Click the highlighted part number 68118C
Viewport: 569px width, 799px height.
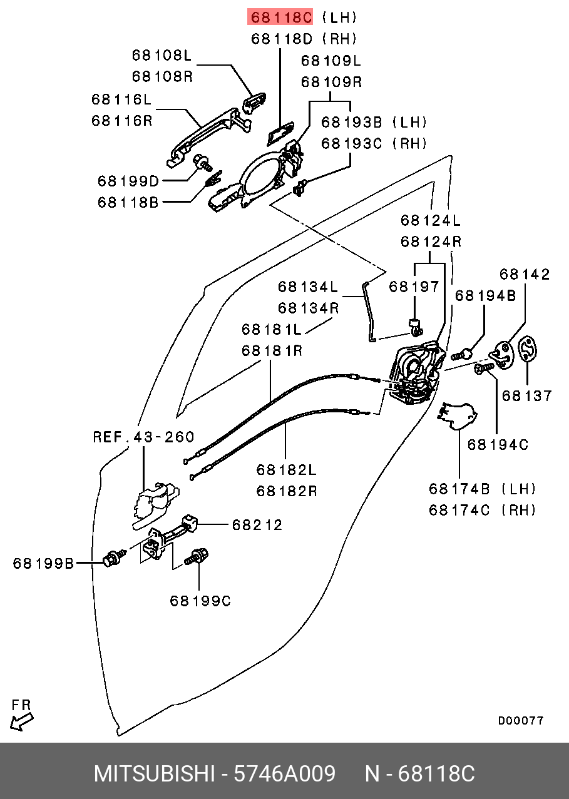click(x=281, y=17)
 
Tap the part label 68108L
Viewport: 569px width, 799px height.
click(x=161, y=55)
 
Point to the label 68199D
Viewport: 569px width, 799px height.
click(x=128, y=181)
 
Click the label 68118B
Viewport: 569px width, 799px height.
click(x=128, y=203)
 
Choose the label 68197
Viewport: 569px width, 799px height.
click(x=414, y=287)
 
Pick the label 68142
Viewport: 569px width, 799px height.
click(x=525, y=274)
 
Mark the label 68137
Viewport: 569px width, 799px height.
click(x=527, y=396)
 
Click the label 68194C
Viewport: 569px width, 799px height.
click(x=498, y=445)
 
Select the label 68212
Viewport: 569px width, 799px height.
click(x=257, y=525)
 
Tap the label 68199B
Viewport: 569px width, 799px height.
click(x=43, y=564)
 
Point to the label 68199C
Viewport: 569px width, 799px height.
click(x=200, y=601)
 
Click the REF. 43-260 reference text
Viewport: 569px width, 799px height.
click(x=143, y=437)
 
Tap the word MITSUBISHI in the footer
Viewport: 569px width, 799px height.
click(x=154, y=774)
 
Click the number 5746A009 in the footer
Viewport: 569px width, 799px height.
click(x=284, y=774)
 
